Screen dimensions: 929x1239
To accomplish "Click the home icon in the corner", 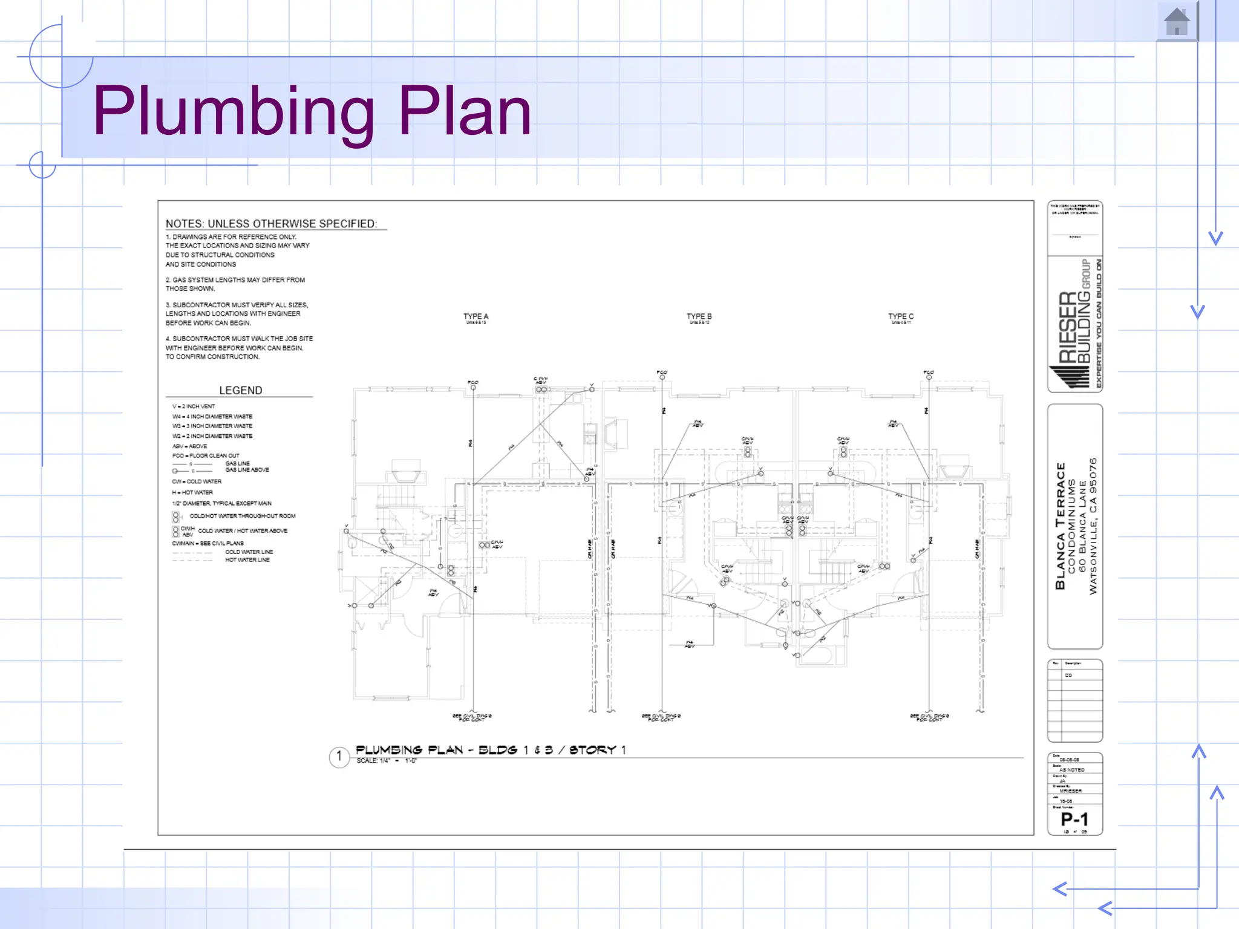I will [x=1177, y=22].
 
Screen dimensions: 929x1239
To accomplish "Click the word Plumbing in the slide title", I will [x=234, y=111].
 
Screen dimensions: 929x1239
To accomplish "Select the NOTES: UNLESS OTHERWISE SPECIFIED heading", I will [x=271, y=224].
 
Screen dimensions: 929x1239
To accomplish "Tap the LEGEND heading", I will [x=240, y=391].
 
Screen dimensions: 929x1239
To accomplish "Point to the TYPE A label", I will [x=476, y=316].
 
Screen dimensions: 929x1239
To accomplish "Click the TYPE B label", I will [x=699, y=316].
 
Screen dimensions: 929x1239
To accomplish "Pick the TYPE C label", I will [x=901, y=316].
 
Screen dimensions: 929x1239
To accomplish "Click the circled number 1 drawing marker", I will [x=339, y=756].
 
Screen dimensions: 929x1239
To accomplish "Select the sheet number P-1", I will [x=1074, y=819].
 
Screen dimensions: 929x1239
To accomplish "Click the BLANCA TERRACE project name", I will [x=1061, y=526].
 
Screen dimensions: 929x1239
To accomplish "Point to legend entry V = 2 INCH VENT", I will [x=194, y=406].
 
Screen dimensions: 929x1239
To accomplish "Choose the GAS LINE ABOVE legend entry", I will [x=247, y=470].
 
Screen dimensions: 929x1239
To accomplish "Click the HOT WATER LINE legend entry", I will [x=247, y=560].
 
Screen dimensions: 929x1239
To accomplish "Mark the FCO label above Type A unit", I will [x=472, y=382].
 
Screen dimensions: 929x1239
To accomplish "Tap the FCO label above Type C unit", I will [x=929, y=372].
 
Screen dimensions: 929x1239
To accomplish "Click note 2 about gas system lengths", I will [x=235, y=284].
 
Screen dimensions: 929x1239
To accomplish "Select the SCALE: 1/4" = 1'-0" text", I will [x=386, y=761].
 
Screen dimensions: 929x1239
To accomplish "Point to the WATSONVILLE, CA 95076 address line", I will [x=1093, y=526].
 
